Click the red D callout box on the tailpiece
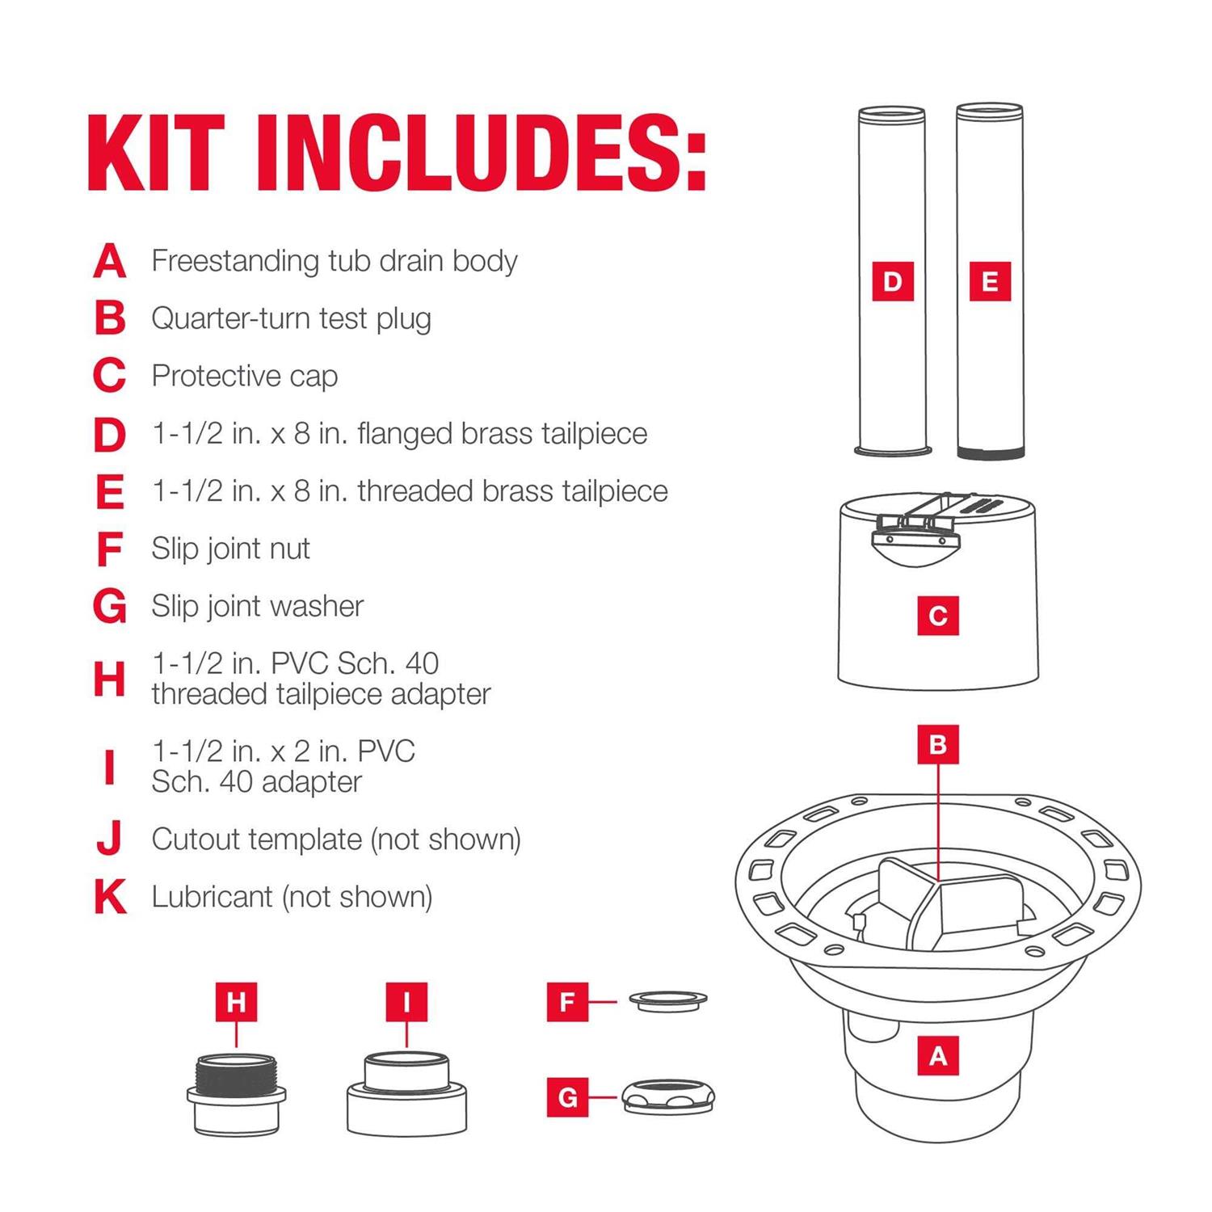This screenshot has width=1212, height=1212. (893, 281)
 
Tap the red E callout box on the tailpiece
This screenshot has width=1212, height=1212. (990, 281)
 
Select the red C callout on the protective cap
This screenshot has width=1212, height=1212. (938, 616)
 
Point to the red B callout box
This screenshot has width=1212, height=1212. (938, 744)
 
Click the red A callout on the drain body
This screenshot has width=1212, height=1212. (938, 1055)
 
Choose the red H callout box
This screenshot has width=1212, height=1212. (236, 1002)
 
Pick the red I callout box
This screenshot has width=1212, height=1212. (406, 1002)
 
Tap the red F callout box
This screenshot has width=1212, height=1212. (567, 1002)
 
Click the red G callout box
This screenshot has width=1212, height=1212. (567, 1097)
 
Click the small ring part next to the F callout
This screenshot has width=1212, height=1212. (667, 1000)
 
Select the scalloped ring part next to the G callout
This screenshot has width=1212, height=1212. (668, 1097)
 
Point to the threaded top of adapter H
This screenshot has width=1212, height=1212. (236, 1072)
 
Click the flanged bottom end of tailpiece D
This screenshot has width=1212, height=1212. (893, 451)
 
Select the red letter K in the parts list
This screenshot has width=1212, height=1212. (111, 897)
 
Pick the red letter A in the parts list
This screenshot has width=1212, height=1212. (110, 261)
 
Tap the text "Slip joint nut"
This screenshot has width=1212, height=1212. (230, 549)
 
